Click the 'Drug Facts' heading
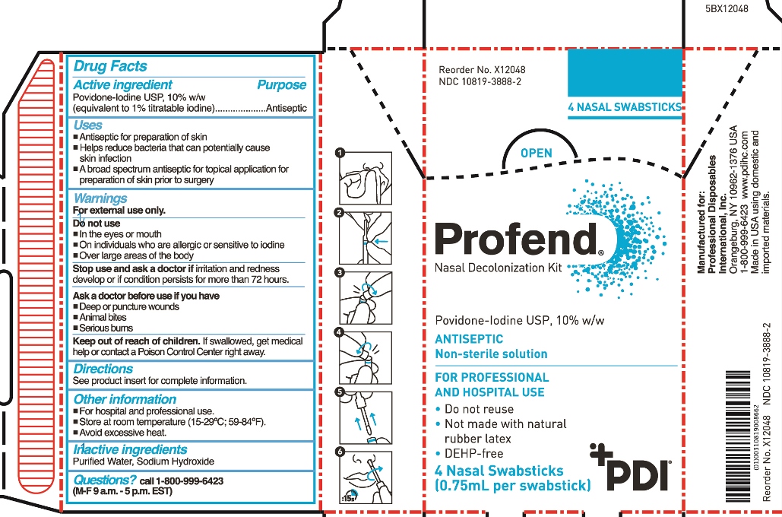(x=110, y=66)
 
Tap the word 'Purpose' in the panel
(x=282, y=85)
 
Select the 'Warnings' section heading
(x=100, y=198)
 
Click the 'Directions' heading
(x=103, y=369)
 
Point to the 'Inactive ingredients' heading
(x=130, y=449)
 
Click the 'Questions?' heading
(x=105, y=480)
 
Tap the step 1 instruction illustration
(x=365, y=178)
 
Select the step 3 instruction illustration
(x=365, y=298)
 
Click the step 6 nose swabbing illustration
(x=365, y=477)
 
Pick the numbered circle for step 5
(x=340, y=392)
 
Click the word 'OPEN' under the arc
(x=536, y=154)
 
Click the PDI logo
(x=630, y=468)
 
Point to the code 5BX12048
(x=727, y=9)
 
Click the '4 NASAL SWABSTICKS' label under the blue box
(x=625, y=107)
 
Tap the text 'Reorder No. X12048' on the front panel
(x=482, y=71)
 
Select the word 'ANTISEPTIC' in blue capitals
(x=469, y=339)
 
